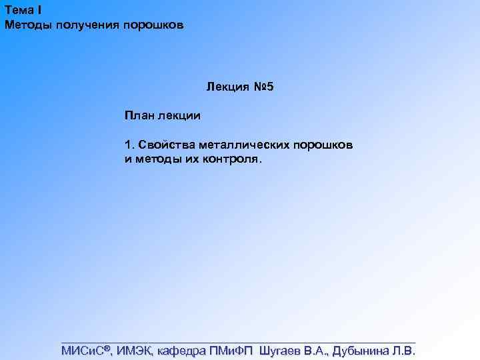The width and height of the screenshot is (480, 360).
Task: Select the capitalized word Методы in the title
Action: coord(26,25)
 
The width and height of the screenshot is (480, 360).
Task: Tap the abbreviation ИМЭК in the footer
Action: coord(136,351)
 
